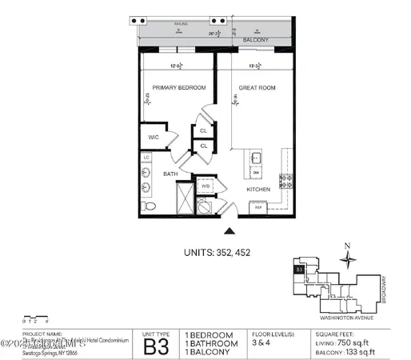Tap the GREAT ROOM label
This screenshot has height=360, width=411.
coord(257,87)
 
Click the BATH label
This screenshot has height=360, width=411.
coord(171,174)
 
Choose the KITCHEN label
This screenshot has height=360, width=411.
coord(258,189)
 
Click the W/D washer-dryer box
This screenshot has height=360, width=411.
coord(205,187)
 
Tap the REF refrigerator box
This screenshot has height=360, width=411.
coord(258,207)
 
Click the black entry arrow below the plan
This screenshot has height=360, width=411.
coord(230,232)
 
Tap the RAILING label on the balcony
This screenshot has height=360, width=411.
coord(181,25)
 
